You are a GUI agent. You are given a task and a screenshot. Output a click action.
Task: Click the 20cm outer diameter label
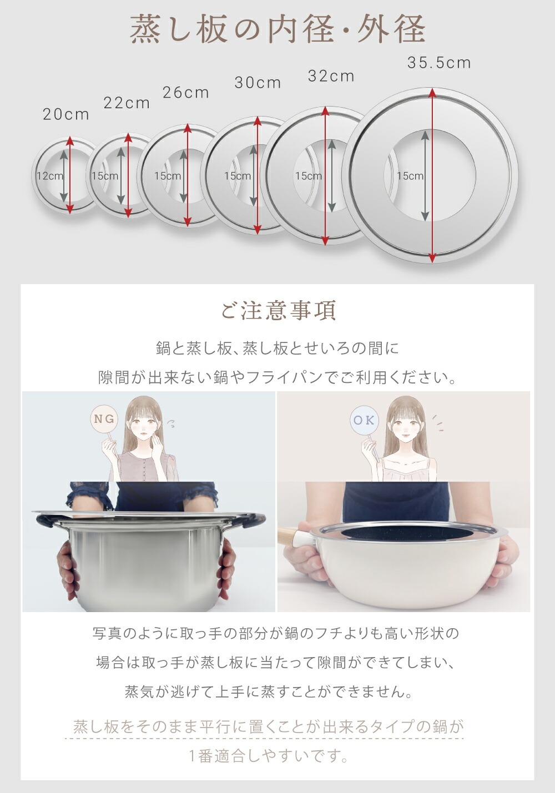pyautogui.click(x=66, y=114)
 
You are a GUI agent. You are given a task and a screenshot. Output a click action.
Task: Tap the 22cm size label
pyautogui.click(x=127, y=103)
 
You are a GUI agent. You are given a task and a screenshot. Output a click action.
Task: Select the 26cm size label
pyautogui.click(x=186, y=93)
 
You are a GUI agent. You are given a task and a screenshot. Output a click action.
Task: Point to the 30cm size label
pyautogui.click(x=258, y=83)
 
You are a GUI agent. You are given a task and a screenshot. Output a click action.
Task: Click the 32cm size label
pyautogui.click(x=331, y=76)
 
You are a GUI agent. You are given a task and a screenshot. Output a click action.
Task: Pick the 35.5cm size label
pyautogui.click(x=439, y=63)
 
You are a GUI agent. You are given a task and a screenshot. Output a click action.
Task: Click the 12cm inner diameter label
pyautogui.click(x=50, y=175)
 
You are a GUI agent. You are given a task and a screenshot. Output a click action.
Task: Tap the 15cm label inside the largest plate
pyautogui.click(x=410, y=175)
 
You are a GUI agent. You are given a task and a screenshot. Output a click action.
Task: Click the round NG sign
pyautogui.click(x=104, y=419)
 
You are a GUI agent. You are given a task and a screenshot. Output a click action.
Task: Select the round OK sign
pyautogui.click(x=364, y=420)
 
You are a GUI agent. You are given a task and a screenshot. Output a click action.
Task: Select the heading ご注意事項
pyautogui.click(x=278, y=310)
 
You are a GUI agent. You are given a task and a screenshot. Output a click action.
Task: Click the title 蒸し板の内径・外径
pyautogui.click(x=277, y=29)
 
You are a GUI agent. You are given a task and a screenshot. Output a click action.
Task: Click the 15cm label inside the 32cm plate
pyautogui.click(x=309, y=175)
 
